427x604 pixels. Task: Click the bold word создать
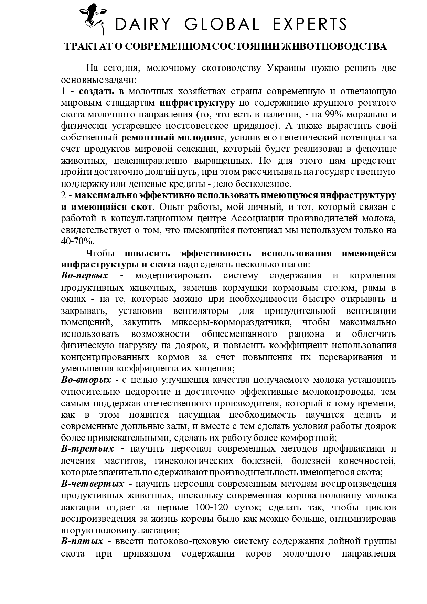coord(96,91)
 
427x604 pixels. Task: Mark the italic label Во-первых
coord(85,275)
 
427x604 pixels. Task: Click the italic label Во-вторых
coord(86,380)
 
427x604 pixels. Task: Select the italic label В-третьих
coord(87,449)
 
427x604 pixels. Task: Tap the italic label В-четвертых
coord(93,484)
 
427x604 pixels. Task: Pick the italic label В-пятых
coord(82,541)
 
